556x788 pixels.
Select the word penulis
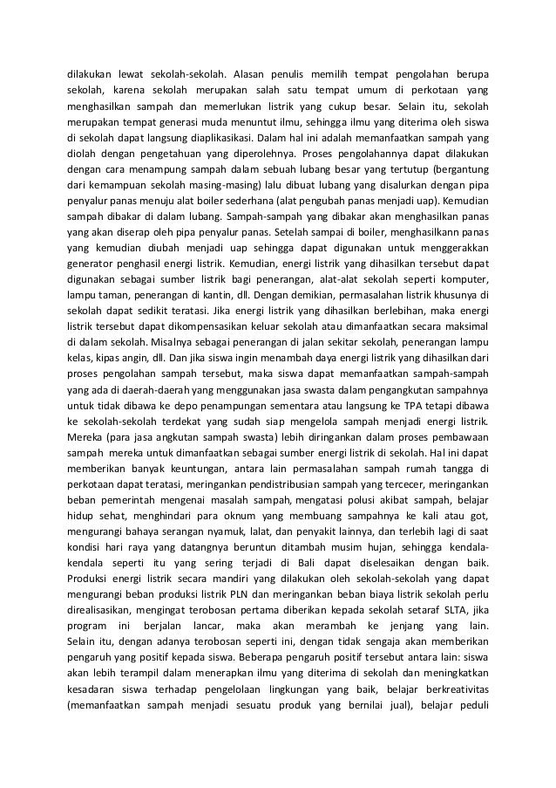point(286,72)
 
